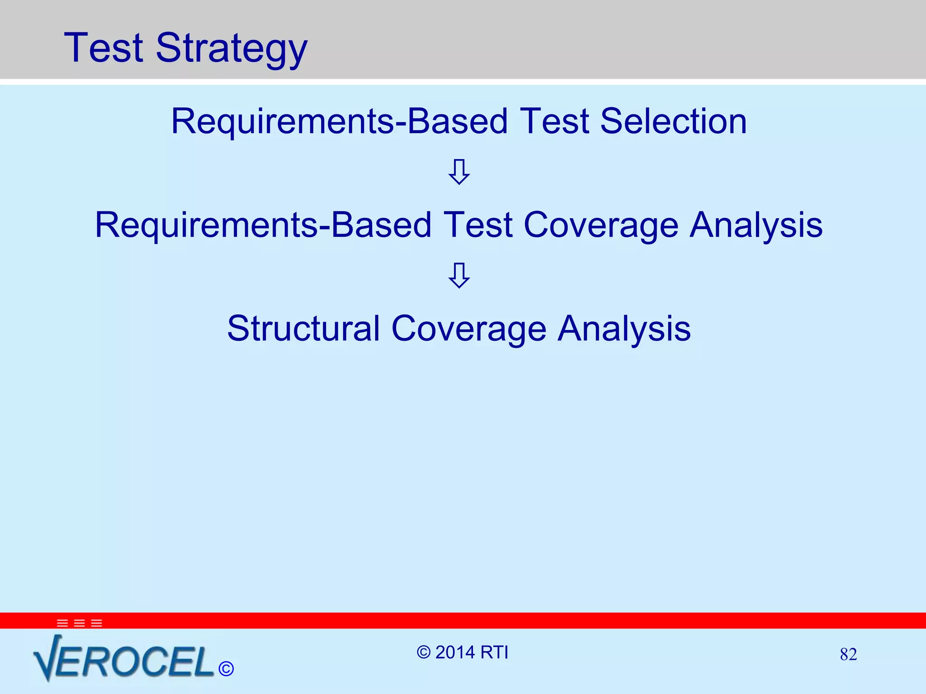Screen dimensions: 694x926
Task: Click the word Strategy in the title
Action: pos(231,49)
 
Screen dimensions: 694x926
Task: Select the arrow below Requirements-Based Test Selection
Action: pos(459,172)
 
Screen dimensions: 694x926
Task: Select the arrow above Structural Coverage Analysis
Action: pos(459,275)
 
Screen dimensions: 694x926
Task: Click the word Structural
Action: pos(303,328)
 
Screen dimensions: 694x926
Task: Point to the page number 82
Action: pos(848,654)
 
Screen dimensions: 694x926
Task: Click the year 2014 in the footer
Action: pos(455,652)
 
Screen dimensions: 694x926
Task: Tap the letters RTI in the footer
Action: pos(494,652)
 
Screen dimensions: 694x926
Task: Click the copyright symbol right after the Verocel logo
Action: pos(226,669)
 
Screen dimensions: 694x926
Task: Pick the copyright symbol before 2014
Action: pos(424,652)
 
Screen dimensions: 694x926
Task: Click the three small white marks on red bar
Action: pos(80,624)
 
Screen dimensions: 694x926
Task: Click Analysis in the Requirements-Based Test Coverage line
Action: pos(756,225)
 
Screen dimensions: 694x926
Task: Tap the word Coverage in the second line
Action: pos(601,225)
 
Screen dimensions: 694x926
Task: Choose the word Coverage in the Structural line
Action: pos(469,328)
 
